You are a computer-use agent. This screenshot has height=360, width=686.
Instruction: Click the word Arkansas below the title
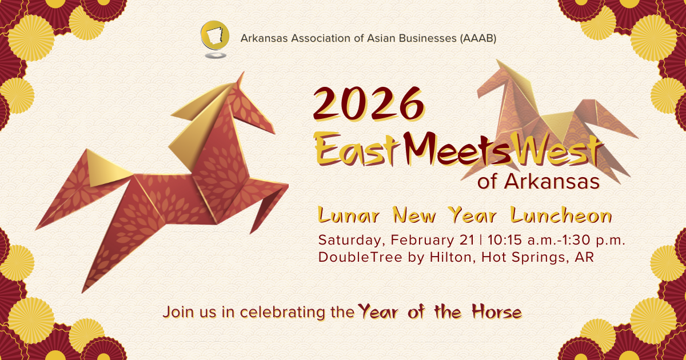[x=552, y=182]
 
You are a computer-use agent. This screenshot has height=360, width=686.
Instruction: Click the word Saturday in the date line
[x=349, y=240]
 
